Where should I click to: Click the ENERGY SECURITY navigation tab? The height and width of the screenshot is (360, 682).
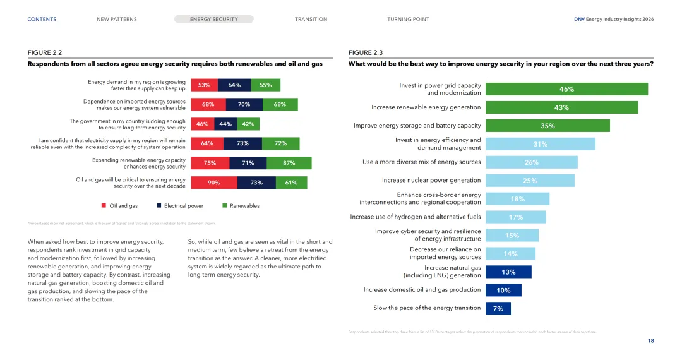pyautogui.click(x=213, y=19)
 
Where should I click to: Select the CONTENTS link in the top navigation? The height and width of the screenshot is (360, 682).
pyautogui.click(x=42, y=19)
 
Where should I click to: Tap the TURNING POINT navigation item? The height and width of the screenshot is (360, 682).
pyautogui.click(x=408, y=19)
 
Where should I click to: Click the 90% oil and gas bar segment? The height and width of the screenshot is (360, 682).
pyautogui.click(x=214, y=183)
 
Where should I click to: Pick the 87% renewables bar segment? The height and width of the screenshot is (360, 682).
pyautogui.click(x=289, y=163)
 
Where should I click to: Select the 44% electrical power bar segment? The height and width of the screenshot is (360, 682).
pyautogui.click(x=225, y=124)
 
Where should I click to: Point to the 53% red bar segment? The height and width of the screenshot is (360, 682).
pyautogui.click(x=204, y=85)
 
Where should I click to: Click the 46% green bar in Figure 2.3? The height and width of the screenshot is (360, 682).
pyautogui.click(x=566, y=89)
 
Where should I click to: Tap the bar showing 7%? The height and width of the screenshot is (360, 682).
pyautogui.click(x=498, y=308)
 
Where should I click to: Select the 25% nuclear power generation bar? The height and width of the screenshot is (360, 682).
pyautogui.click(x=530, y=181)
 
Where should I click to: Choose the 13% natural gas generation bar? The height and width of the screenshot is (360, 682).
pyautogui.click(x=508, y=272)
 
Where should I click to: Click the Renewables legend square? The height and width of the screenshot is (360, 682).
pyautogui.click(x=225, y=205)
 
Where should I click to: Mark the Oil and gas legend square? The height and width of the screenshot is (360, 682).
pyautogui.click(x=104, y=205)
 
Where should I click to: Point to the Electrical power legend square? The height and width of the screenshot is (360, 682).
pyautogui.click(x=159, y=205)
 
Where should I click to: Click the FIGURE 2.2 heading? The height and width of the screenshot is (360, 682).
pyautogui.click(x=45, y=53)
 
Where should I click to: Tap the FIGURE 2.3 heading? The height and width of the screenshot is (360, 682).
pyautogui.click(x=366, y=53)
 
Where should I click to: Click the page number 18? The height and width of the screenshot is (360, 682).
pyautogui.click(x=650, y=341)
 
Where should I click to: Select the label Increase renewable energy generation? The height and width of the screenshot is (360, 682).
pyautogui.click(x=426, y=107)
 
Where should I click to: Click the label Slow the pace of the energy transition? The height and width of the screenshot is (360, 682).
pyautogui.click(x=427, y=308)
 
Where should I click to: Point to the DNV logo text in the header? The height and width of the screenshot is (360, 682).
pyautogui.click(x=579, y=19)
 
